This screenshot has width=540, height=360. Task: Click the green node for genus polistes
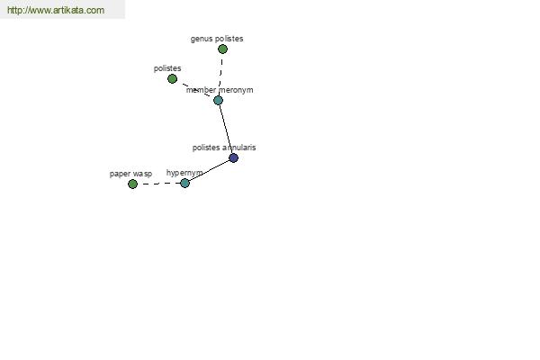(222, 49)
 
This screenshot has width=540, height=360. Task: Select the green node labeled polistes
(172, 79)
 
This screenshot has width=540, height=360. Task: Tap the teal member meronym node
(218, 100)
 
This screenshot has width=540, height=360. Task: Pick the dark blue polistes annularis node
(233, 157)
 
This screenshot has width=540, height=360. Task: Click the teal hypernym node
(184, 183)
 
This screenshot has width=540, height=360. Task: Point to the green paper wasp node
(132, 184)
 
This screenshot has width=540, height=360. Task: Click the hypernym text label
(184, 173)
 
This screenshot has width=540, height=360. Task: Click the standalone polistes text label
(167, 68)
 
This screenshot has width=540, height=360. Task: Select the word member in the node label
(201, 90)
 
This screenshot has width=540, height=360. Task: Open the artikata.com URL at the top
(56, 10)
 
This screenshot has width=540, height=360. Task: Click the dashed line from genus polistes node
(220, 75)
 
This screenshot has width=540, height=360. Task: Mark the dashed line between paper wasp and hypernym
(158, 184)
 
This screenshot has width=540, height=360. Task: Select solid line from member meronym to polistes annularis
(226, 130)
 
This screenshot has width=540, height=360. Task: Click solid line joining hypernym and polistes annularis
(210, 170)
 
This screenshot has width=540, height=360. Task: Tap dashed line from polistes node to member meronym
(195, 90)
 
